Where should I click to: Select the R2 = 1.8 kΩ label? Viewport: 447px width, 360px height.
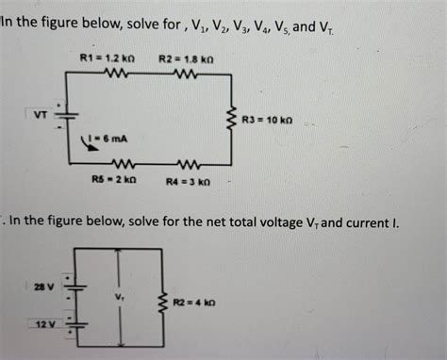(x=179, y=58)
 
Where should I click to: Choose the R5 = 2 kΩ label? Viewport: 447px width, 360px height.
(x=114, y=179)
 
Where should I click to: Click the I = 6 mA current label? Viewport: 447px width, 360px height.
(x=111, y=139)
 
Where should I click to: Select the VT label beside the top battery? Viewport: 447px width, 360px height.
(x=41, y=116)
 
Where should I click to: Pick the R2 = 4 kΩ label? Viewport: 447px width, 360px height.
(x=194, y=303)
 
